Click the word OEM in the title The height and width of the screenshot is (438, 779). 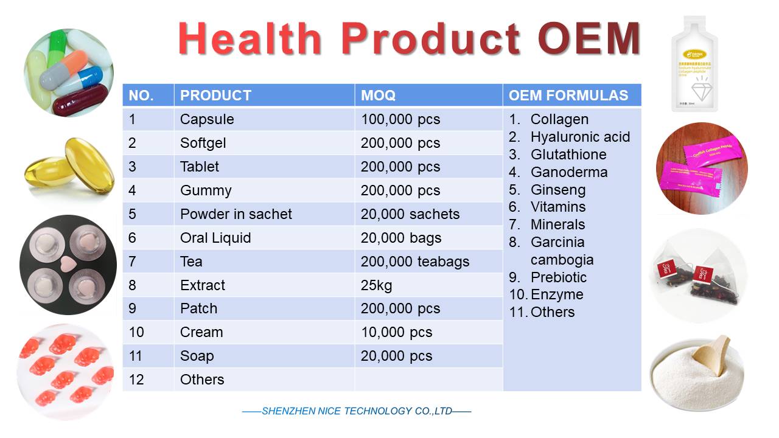[590, 40]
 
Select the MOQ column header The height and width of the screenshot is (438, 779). [378, 96]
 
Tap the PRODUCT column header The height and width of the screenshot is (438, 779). [215, 96]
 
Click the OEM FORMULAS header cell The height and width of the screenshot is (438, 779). [568, 96]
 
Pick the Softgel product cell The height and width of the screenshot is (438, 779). [203, 143]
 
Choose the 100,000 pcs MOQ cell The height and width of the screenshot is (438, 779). [400, 119]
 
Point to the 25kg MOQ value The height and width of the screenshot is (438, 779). [376, 285]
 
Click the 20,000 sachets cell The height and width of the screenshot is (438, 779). [410, 214]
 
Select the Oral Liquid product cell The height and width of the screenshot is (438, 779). [215, 238]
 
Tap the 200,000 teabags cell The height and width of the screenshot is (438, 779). [414, 262]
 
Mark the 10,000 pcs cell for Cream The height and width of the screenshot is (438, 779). [396, 333]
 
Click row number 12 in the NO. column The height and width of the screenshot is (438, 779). [137, 380]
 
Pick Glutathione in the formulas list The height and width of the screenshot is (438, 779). [568, 155]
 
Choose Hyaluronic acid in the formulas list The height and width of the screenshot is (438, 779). [579, 137]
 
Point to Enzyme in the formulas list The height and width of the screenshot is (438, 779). [556, 295]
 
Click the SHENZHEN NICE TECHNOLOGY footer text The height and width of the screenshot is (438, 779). [357, 411]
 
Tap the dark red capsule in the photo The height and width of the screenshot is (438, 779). [80, 101]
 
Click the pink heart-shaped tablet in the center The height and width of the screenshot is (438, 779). [68, 265]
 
